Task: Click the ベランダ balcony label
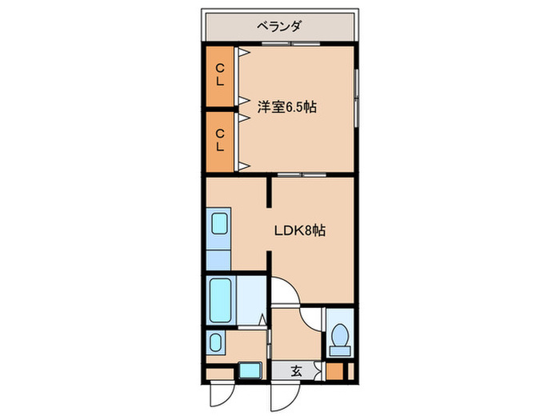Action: [x=279, y=26]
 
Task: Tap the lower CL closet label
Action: [x=220, y=141]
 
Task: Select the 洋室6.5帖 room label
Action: [x=286, y=106]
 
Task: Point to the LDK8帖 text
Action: [x=300, y=230]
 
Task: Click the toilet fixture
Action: [x=339, y=338]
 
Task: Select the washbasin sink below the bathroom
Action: [x=216, y=343]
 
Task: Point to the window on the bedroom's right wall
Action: [x=357, y=96]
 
